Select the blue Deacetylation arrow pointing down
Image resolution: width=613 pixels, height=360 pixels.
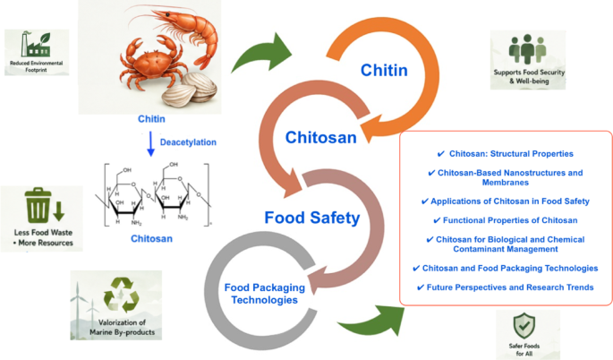[151, 143]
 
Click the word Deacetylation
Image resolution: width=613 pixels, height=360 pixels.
[188, 142]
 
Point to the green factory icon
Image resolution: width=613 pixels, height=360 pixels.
[36, 44]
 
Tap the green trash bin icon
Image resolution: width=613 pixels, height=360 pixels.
[38, 205]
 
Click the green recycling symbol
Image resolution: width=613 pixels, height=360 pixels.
[121, 295]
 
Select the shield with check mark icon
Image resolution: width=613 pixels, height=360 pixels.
[524, 326]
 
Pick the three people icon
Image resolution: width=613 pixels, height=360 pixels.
[527, 49]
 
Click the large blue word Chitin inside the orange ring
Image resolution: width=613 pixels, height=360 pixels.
[384, 71]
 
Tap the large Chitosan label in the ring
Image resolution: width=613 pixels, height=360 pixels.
[320, 138]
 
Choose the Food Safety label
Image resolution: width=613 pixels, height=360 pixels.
[312, 218]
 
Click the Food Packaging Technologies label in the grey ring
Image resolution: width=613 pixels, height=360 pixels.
[265, 294]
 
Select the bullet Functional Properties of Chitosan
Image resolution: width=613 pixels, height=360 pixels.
[505, 220]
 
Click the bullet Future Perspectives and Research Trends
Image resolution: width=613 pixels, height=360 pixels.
[505, 287]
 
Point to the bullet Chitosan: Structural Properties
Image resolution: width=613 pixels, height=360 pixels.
[505, 154]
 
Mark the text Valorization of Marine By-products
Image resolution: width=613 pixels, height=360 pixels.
[122, 328]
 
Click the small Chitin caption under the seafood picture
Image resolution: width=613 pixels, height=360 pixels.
[151, 119]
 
